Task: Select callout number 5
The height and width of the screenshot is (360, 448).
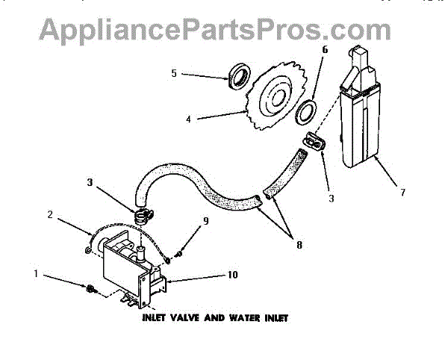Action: pos(173,74)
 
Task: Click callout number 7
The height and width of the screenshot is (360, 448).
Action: pos(402,192)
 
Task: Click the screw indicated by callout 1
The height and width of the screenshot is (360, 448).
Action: pos(90,288)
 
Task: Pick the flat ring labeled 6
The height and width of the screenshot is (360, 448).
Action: pos(305,115)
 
